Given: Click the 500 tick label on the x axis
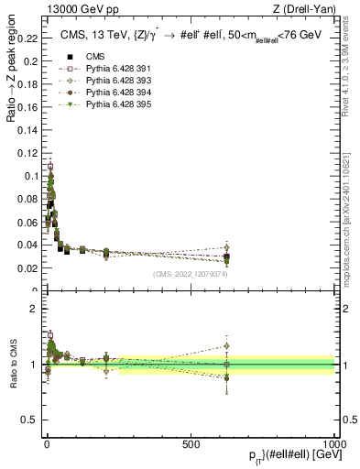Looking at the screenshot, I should pos(191,444).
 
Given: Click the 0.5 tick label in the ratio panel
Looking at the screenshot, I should pos(29,420).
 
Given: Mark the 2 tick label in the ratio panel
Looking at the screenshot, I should pos(33,309).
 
